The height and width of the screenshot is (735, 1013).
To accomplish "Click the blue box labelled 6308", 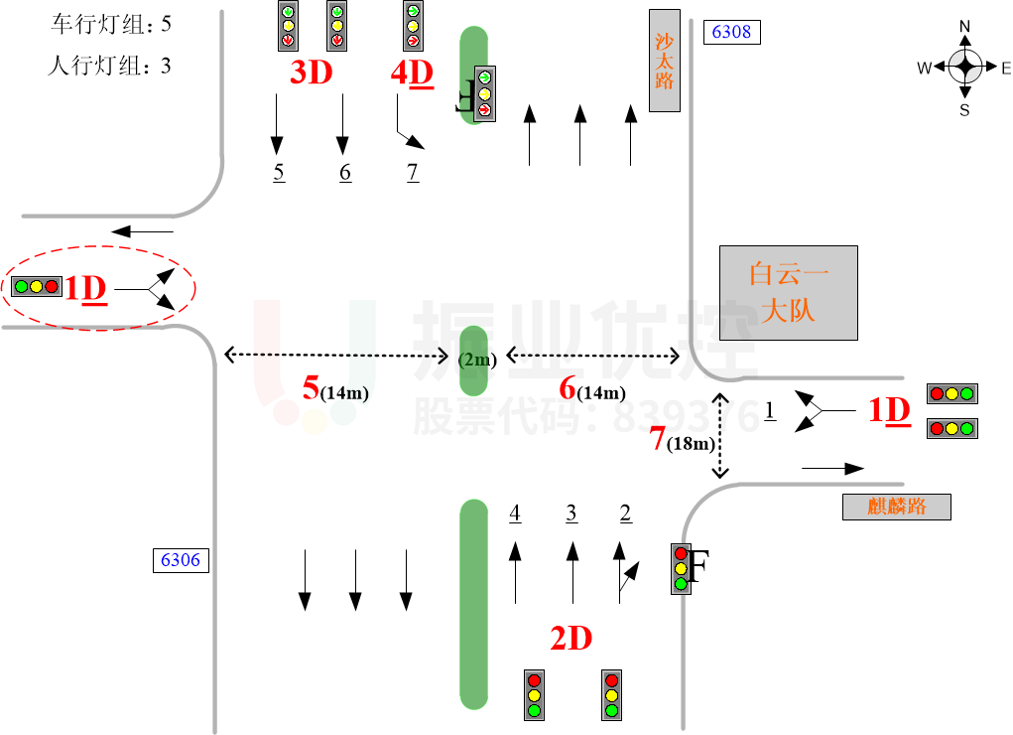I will pos(731,32).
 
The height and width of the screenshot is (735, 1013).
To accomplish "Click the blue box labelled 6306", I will pos(180,560).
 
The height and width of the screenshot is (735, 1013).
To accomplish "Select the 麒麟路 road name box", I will pos(896,507).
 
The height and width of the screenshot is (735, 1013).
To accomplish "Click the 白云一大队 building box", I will pos(788,292).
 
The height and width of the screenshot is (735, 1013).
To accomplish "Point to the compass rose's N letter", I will pos(964,26).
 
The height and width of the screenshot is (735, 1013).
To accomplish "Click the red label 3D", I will pos(311,72).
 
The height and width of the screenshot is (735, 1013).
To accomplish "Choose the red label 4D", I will pos(412,72).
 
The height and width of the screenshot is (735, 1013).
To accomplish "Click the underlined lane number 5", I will pos(279,172).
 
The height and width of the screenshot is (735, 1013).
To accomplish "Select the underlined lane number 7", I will pos(413,172).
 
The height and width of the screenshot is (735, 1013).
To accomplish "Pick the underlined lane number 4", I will pos(514,513).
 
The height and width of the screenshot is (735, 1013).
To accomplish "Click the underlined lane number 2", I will pos(625,513).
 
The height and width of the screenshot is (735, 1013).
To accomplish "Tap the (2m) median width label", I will pos(476,361).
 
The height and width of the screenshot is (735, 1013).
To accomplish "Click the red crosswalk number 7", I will pos(657,438).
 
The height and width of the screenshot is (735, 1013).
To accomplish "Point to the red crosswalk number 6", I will pos(568,388).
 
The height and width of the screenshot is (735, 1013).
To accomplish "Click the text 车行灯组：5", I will pos(117,24).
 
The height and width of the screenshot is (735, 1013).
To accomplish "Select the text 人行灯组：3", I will pos(110,67).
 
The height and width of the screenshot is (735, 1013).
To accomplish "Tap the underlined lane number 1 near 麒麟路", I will pos(769,408).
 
